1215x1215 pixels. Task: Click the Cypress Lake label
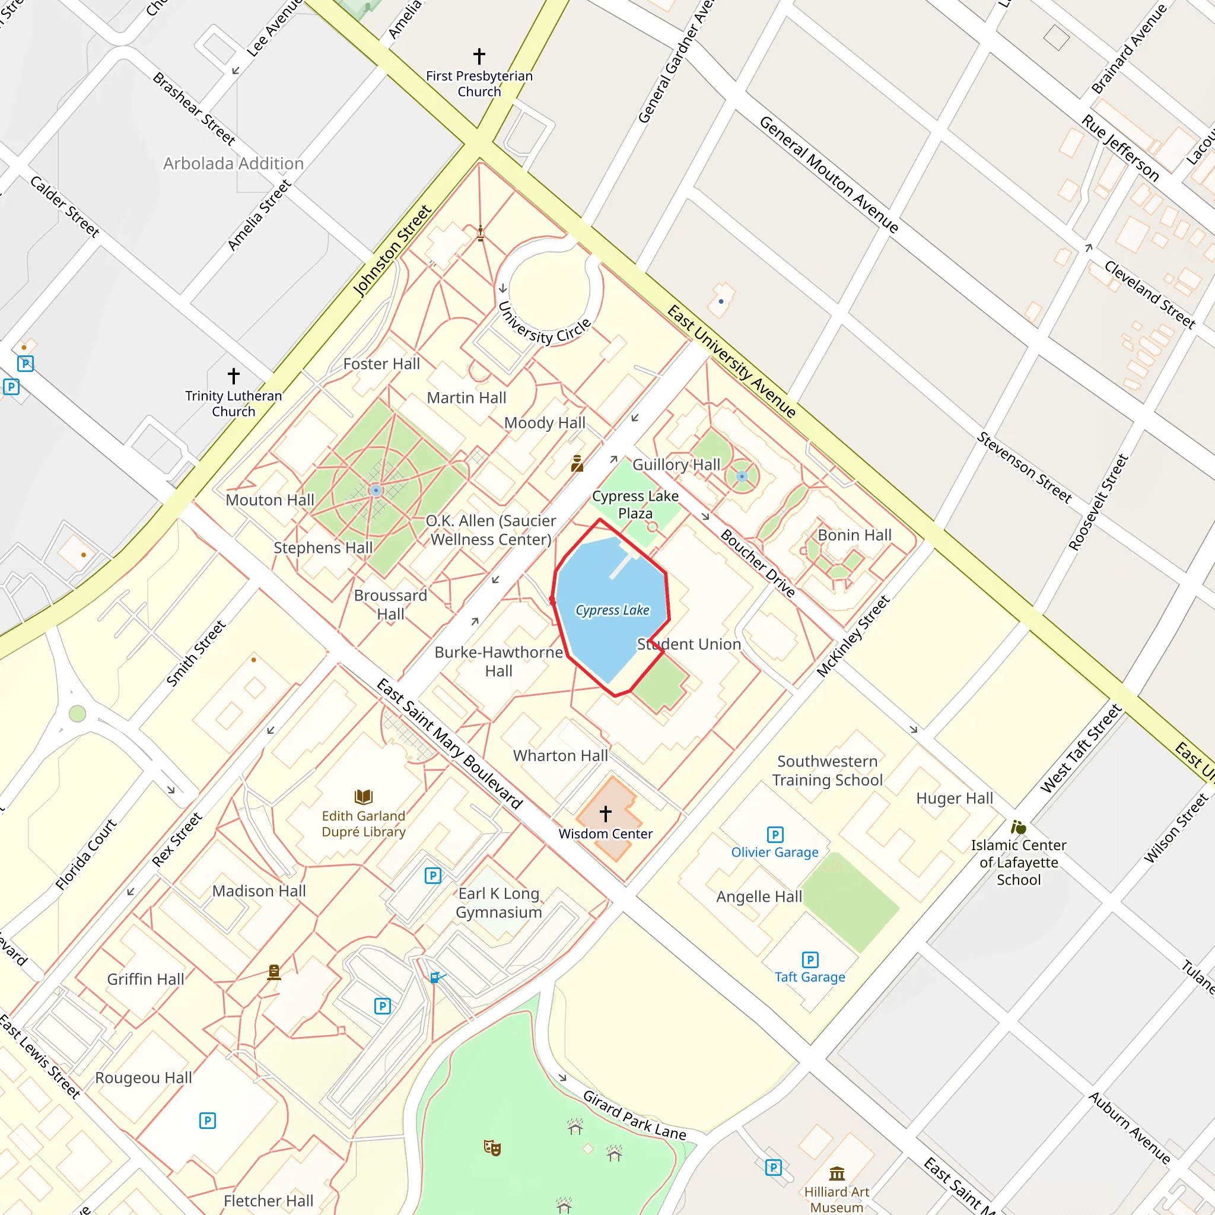pyautogui.click(x=612, y=610)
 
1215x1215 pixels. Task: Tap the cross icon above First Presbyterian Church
pyautogui.click(x=479, y=56)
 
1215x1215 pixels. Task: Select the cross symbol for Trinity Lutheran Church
pyautogui.click(x=233, y=376)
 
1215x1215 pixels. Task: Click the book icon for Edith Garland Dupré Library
pyautogui.click(x=364, y=797)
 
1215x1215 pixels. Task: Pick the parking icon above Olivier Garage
pyautogui.click(x=775, y=835)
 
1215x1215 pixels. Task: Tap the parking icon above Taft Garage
pyautogui.click(x=810, y=960)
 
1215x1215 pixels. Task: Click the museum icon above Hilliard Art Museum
pyautogui.click(x=836, y=1173)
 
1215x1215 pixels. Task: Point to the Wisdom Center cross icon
pyautogui.click(x=606, y=814)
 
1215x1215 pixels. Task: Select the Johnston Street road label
pyautogui.click(x=392, y=251)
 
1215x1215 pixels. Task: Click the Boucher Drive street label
pyautogui.click(x=758, y=564)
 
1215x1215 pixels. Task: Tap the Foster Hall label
pyautogui.click(x=381, y=364)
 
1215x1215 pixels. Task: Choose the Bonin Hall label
pyautogui.click(x=854, y=535)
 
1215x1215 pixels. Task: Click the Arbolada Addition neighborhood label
pyautogui.click(x=233, y=164)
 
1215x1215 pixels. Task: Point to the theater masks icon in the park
pyautogui.click(x=492, y=1148)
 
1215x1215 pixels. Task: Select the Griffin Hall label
pyautogui.click(x=145, y=979)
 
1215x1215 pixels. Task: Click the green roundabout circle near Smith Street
pyautogui.click(x=77, y=714)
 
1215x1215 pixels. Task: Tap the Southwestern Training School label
pyautogui.click(x=827, y=771)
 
